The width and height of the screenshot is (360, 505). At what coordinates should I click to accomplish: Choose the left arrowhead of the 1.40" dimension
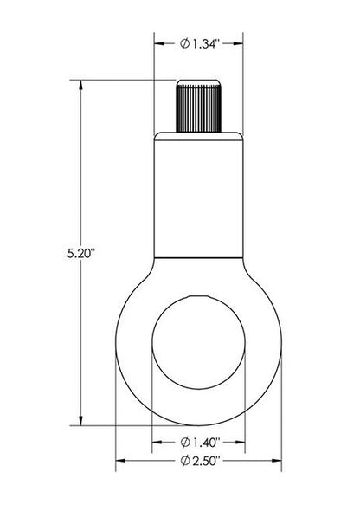156,443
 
